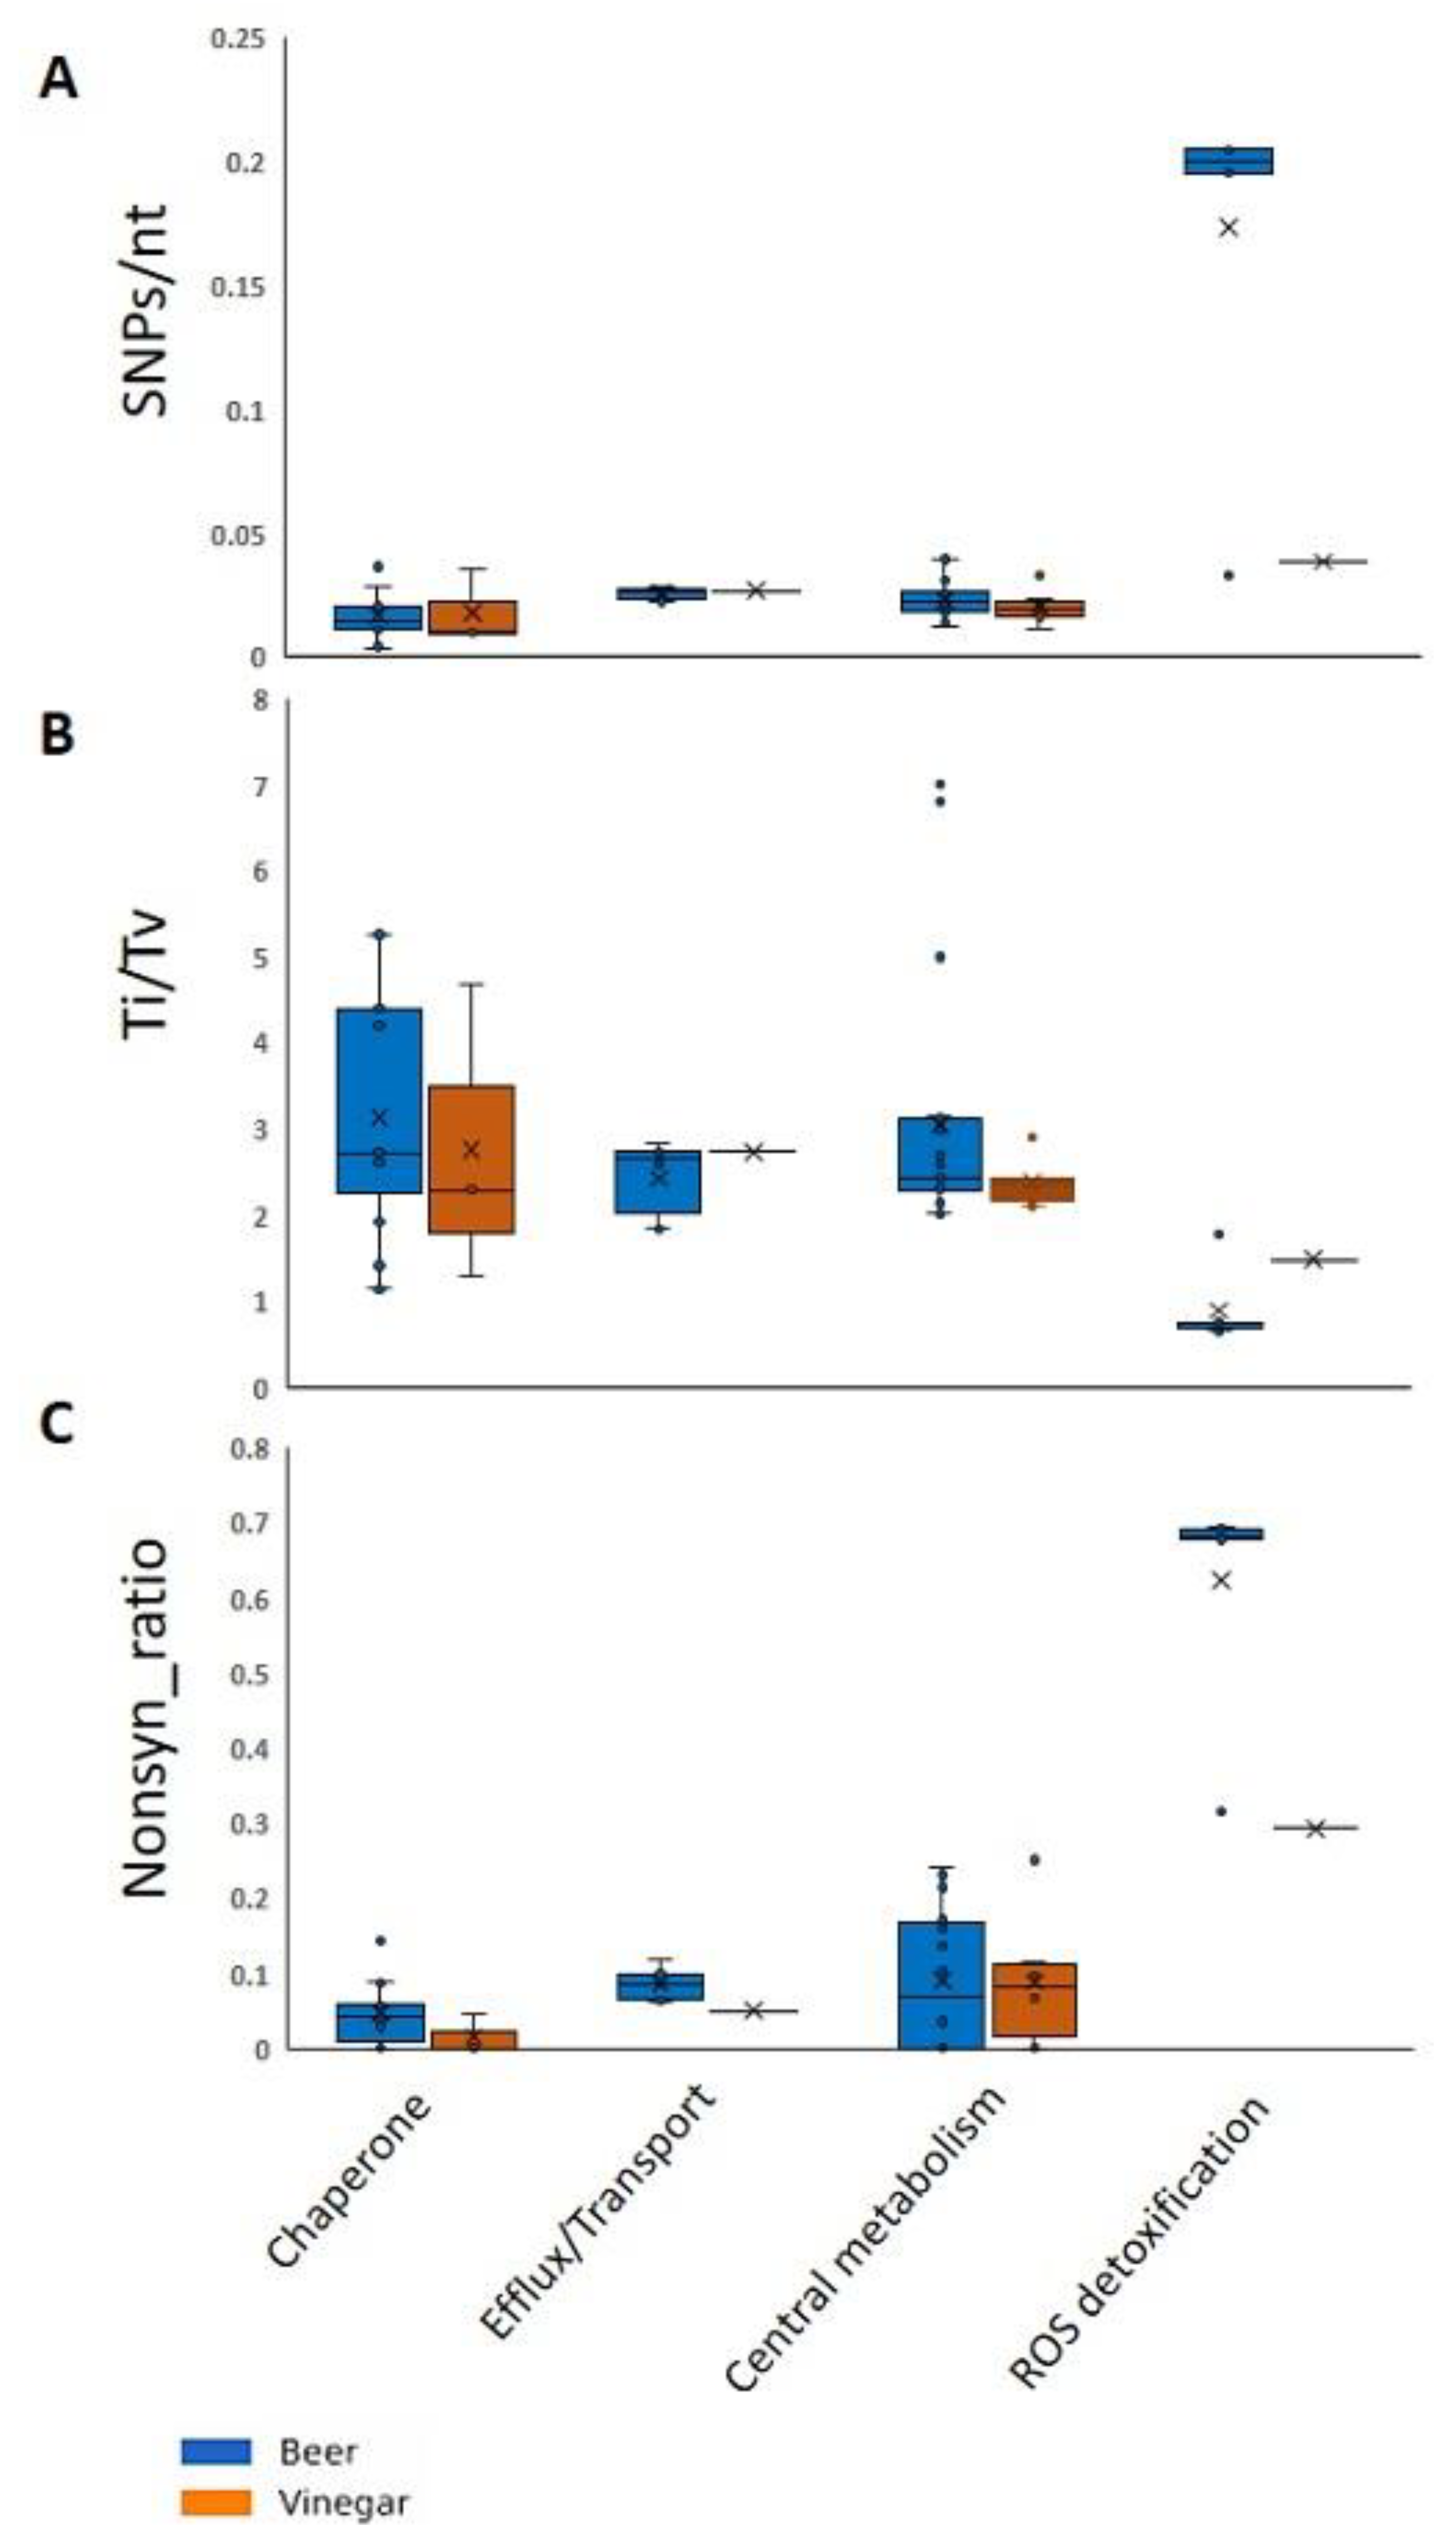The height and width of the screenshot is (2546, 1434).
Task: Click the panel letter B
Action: [56, 734]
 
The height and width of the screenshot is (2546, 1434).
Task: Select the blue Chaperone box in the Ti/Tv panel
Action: [380, 1100]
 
